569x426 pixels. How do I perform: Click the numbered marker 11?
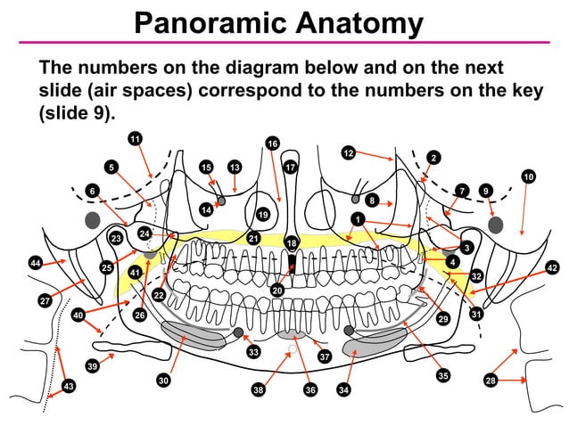[x=135, y=138]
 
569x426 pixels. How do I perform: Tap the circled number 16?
[x=273, y=143]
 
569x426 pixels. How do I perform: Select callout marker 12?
[x=350, y=153]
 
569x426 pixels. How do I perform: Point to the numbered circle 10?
[x=529, y=177]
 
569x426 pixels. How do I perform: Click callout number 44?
[x=36, y=263]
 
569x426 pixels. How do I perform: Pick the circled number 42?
[x=551, y=267]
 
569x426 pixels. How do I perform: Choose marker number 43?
[x=69, y=386]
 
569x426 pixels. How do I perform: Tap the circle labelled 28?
[x=490, y=381]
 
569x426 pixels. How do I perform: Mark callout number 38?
[x=258, y=389]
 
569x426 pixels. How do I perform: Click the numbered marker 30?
[x=163, y=381]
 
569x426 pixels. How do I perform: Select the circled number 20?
[x=277, y=290]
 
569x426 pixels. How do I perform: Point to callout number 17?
[x=290, y=167]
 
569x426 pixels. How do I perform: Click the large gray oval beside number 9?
[x=497, y=224]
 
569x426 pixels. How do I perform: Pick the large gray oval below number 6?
[x=91, y=220]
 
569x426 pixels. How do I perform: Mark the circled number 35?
[x=443, y=375]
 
